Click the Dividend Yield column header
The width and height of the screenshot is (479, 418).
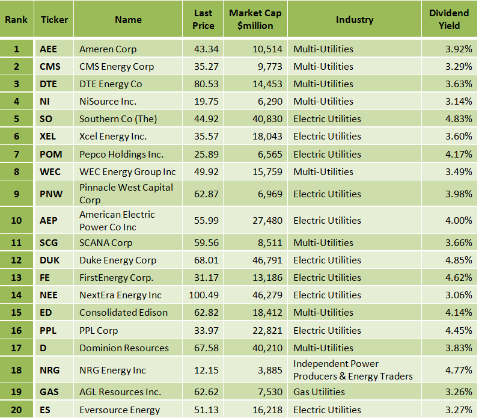click(449, 19)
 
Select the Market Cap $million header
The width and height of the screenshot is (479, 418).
click(255, 19)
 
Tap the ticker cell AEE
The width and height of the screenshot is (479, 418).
click(48, 49)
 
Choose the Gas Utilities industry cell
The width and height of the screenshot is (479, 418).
click(319, 392)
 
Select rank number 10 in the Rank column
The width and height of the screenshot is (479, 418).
click(16, 221)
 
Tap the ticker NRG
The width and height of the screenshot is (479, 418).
click(49, 370)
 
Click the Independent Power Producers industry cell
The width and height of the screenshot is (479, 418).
click(353, 370)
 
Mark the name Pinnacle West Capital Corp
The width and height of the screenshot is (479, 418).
click(126, 194)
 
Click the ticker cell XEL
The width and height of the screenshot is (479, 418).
click(48, 137)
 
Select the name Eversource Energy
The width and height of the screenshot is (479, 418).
click(120, 410)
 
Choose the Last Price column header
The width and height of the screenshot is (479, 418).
click(204, 19)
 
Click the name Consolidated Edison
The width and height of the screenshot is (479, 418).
click(123, 313)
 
